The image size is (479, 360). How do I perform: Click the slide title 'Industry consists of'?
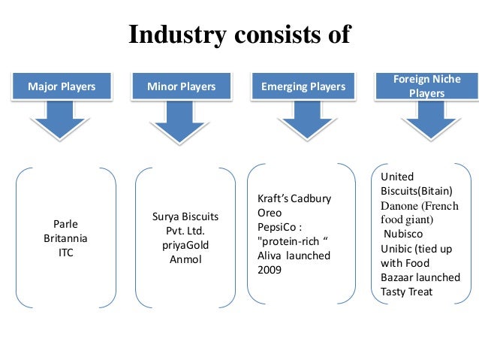point(239,35)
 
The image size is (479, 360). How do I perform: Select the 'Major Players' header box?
point(62,87)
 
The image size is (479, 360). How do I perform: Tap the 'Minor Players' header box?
point(182,87)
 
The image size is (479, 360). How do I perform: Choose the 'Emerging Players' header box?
point(303,87)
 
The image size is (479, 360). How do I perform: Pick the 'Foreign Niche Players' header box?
point(426,86)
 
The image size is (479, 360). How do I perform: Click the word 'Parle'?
point(66,224)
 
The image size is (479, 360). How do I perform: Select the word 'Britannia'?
point(66,238)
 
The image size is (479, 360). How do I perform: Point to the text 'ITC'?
point(66,253)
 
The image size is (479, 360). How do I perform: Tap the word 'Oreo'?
point(270,213)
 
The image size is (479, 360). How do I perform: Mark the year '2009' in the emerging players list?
point(270,269)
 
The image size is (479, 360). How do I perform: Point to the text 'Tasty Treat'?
point(406,291)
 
